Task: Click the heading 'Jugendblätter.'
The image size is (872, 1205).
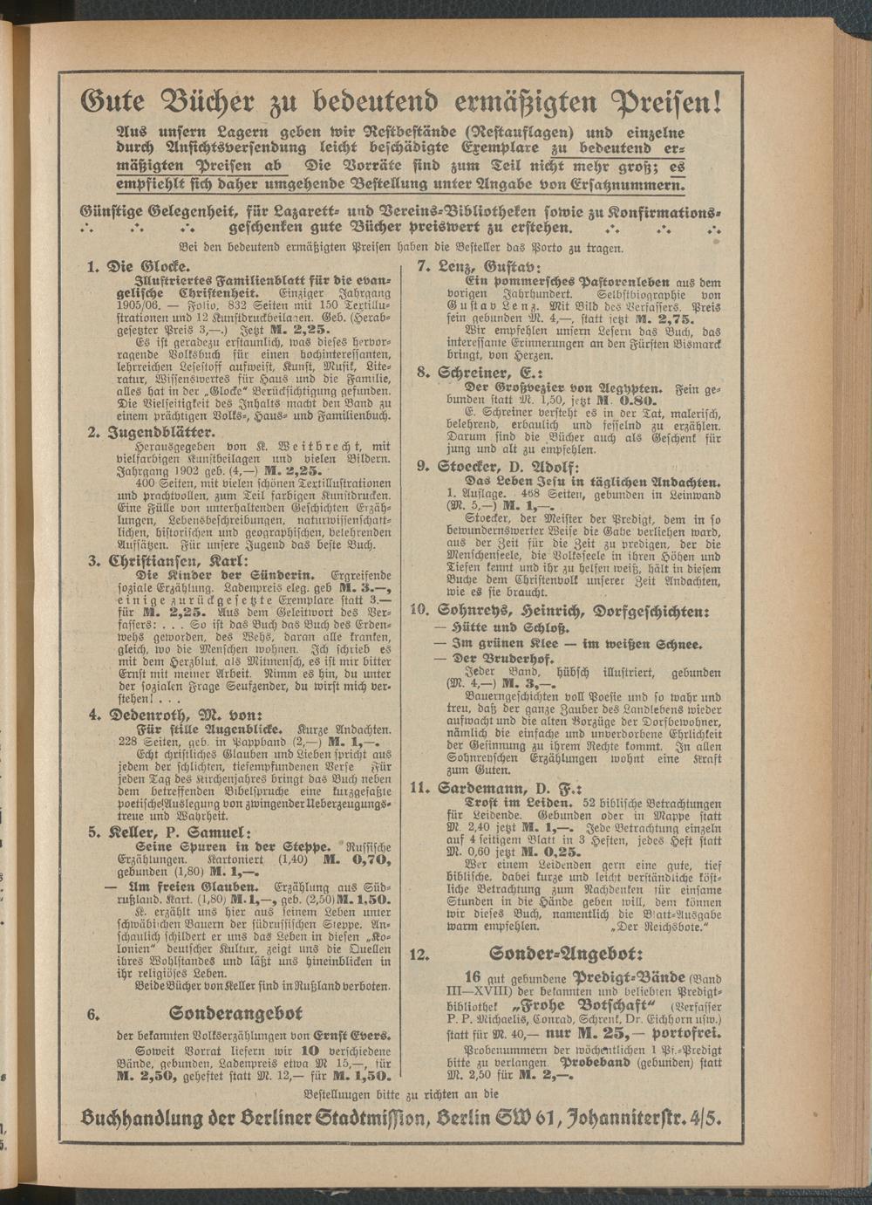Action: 160,433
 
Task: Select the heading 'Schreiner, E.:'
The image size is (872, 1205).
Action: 497,373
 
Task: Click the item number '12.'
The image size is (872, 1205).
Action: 420,954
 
